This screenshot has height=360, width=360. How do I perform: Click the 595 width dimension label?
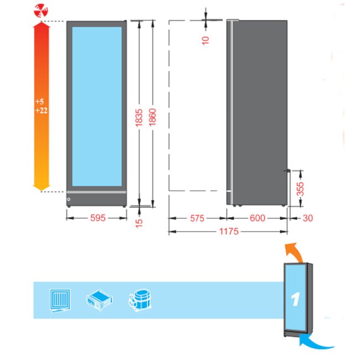coord(98,218)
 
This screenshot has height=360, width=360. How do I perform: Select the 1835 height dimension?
coord(139,118)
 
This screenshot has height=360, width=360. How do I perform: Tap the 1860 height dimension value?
coord(152,117)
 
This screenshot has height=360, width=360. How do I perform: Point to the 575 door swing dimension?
coord(197,218)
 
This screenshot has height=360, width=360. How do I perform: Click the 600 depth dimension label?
coord(258,218)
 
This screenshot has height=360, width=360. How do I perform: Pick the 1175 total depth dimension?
coord(229,231)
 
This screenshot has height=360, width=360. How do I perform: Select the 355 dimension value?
coord(300,189)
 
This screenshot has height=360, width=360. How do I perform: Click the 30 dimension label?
coord(307,218)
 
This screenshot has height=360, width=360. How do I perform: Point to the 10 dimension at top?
coord(205,40)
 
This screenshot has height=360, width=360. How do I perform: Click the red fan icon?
coord(41,11)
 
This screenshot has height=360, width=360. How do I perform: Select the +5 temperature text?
coord(39,101)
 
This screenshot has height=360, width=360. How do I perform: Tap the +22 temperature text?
coord(42,111)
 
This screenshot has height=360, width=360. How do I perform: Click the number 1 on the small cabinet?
coord(295,299)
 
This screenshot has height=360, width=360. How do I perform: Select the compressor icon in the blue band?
coord(140,300)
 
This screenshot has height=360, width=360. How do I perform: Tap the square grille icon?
coord(60,301)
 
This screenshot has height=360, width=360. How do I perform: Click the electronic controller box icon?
coord(99,300)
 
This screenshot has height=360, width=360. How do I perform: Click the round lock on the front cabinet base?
coord(69,199)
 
